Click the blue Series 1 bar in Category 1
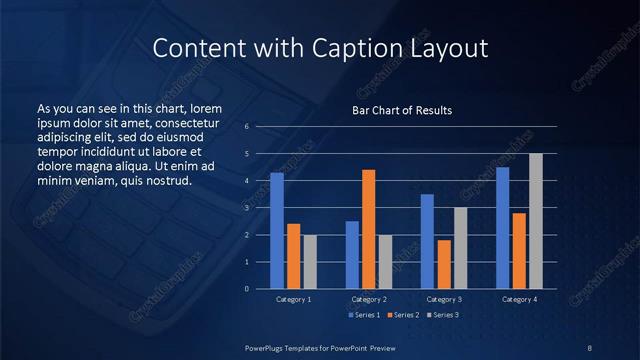[277, 231]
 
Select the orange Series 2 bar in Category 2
[369, 229]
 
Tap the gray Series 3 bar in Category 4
[536, 221]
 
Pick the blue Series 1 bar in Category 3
[427, 241]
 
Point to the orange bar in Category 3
[444, 264]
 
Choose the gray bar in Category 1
[310, 262]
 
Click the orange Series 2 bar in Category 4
[519, 251]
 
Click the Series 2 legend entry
[402, 315]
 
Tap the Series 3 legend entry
[441, 315]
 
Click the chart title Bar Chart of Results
[402, 110]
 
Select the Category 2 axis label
[369, 299]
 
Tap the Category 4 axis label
[519, 299]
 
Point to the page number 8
[590, 347]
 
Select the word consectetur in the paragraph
[189, 121]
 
